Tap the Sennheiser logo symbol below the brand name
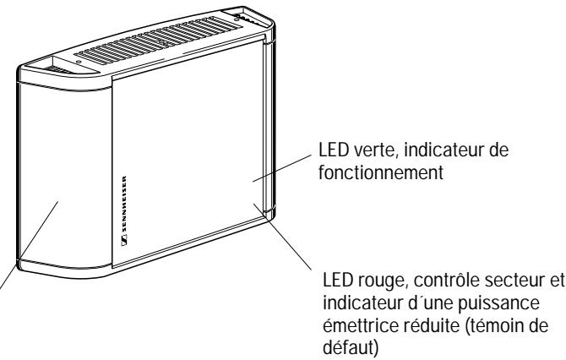[125, 243]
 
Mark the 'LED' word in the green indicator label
[324, 152]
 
